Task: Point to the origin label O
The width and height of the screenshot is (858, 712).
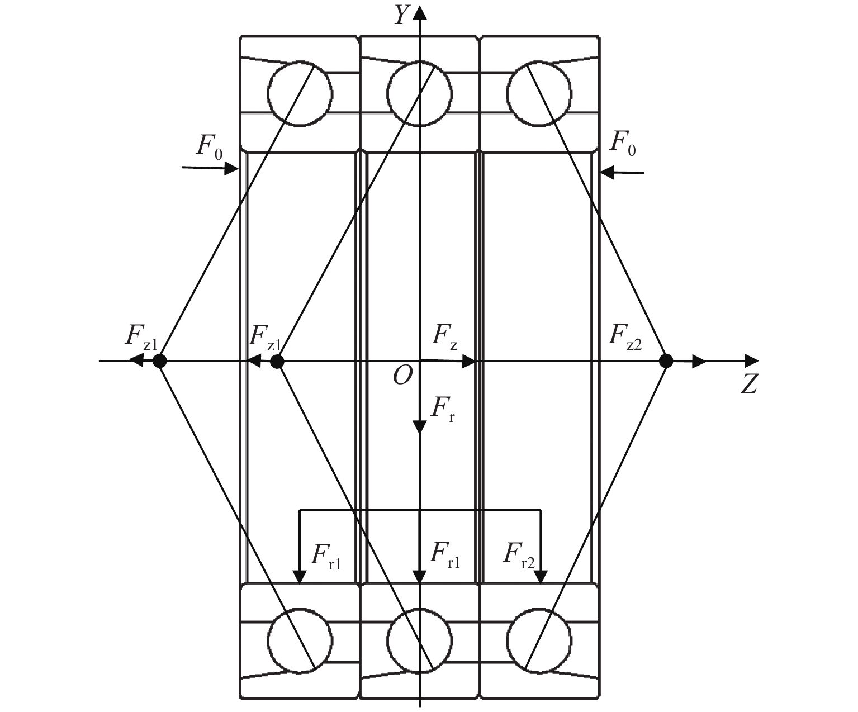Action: [402, 376]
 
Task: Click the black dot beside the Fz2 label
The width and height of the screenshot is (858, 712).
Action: [666, 360]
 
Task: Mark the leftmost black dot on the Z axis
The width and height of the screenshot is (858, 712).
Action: [160, 360]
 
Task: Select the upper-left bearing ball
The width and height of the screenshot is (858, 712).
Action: [300, 93]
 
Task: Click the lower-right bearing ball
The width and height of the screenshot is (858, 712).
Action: [539, 640]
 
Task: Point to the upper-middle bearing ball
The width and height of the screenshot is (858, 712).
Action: [419, 93]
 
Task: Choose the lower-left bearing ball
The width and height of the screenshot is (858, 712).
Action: [300, 640]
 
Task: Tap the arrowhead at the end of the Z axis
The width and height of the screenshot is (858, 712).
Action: [752, 361]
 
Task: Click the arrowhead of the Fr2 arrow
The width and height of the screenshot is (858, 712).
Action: [541, 577]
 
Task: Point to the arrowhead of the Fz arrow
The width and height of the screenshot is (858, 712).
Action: [468, 361]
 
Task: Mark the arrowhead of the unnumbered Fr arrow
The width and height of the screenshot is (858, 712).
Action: [420, 428]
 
